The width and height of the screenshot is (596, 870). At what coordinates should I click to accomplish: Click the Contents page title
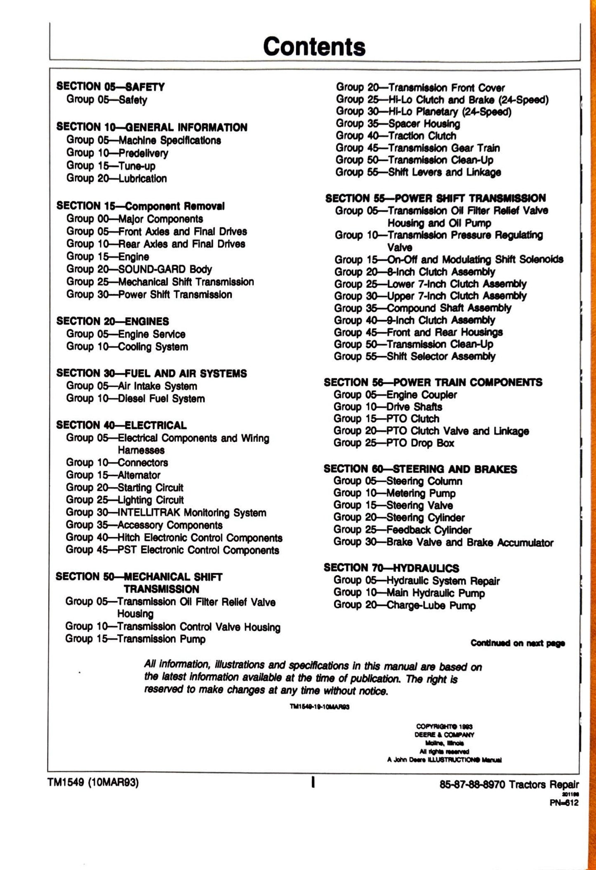pyautogui.click(x=314, y=46)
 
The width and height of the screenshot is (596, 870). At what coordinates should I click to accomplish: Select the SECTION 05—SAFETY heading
pyautogui.click(x=111, y=87)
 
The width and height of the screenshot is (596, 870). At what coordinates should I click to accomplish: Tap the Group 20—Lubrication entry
pyautogui.click(x=117, y=179)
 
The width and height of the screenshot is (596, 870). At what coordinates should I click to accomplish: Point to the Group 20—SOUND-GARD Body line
pyautogui.click(x=139, y=269)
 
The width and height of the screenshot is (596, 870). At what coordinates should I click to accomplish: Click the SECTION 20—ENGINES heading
pyautogui.click(x=113, y=321)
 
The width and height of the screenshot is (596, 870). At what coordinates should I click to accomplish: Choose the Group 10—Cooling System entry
pyautogui.click(x=127, y=347)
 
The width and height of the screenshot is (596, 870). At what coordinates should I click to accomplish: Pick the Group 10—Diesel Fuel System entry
pyautogui.click(x=135, y=398)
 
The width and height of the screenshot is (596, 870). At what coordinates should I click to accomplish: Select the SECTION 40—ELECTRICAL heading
pyautogui.click(x=121, y=425)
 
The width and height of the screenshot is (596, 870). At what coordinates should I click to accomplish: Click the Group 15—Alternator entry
pyautogui.click(x=113, y=475)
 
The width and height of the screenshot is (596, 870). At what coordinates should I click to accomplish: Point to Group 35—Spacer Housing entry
pyautogui.click(x=398, y=123)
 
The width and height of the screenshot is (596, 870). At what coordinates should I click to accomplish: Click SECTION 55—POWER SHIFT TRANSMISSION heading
pyautogui.click(x=435, y=198)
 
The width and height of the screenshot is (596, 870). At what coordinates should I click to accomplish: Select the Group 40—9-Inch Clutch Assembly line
pyautogui.click(x=414, y=320)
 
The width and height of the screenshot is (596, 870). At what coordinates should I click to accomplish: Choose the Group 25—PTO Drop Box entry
pyautogui.click(x=393, y=443)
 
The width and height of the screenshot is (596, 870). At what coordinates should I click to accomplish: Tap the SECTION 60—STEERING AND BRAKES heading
pyautogui.click(x=420, y=469)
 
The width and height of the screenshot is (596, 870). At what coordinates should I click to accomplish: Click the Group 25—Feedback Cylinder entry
pyautogui.click(x=402, y=530)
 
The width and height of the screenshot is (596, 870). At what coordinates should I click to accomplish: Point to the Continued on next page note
pyautogui.click(x=518, y=643)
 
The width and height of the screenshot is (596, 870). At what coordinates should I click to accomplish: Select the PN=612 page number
pyautogui.click(x=564, y=803)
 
